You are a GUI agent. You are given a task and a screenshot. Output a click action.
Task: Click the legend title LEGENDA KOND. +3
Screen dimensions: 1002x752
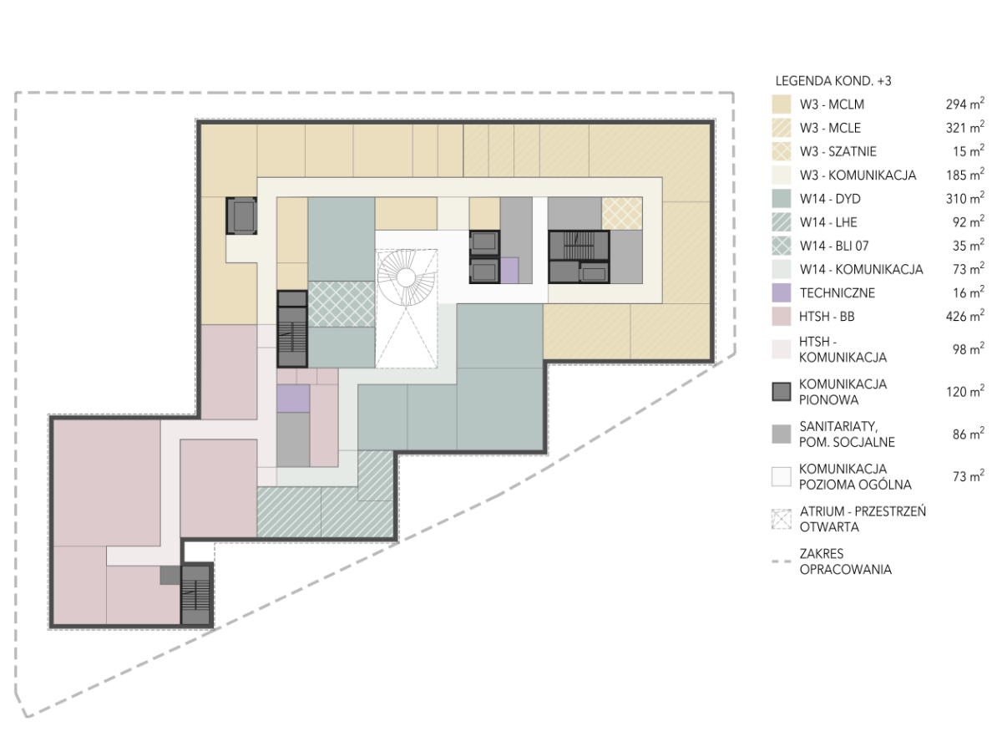tap(833, 81)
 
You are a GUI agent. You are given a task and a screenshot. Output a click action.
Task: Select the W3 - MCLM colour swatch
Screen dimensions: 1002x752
tap(781, 104)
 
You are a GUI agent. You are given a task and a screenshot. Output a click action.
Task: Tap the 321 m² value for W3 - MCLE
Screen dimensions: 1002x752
tap(964, 127)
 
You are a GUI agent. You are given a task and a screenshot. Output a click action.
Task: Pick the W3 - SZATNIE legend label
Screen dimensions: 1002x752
tap(838, 151)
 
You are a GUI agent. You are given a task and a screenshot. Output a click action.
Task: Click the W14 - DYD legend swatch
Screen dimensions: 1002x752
tap(781, 199)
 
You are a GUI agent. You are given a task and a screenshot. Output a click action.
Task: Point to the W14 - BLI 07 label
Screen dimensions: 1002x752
tap(834, 246)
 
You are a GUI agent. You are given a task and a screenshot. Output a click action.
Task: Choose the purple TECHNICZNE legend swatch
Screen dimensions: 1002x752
tap(781, 292)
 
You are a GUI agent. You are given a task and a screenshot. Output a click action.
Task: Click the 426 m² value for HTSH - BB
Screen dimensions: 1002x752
tap(964, 316)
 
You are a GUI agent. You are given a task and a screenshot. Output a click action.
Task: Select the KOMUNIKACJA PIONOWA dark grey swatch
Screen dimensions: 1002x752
tap(781, 392)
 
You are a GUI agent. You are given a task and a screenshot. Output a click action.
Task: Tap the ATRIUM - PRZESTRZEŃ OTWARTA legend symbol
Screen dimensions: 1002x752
tap(781, 519)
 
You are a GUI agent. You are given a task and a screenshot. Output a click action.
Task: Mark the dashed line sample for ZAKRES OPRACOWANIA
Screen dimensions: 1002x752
tap(781, 561)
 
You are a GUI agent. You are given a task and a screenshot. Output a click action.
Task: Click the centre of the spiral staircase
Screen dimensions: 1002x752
tap(405, 277)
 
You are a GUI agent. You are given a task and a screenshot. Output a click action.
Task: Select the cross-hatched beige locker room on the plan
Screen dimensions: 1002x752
tap(622, 213)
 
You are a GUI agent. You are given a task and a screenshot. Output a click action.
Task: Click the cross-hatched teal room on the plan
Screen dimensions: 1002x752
tap(342, 304)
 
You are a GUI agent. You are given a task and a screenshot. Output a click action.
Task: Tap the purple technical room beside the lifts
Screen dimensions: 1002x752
tap(509, 270)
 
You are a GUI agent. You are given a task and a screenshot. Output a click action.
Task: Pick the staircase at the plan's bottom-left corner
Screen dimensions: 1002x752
tap(196, 595)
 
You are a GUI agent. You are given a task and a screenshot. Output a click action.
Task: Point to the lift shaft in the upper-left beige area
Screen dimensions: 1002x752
tap(241, 216)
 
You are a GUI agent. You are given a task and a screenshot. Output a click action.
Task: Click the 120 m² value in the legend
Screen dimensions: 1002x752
tap(964, 391)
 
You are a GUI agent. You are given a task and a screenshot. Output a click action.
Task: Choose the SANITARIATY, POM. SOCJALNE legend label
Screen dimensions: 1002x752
tap(847, 434)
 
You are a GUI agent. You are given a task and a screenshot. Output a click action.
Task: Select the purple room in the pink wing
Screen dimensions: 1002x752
tap(293, 399)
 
